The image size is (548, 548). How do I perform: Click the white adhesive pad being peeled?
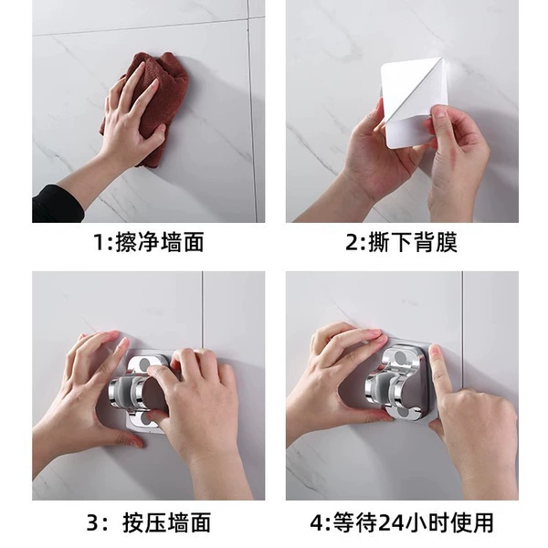(x=413, y=101)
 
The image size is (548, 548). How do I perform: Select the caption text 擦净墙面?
(x=160, y=242)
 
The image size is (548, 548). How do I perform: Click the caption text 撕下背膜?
(x=413, y=242)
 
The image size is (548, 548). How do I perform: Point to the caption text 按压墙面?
(x=167, y=522)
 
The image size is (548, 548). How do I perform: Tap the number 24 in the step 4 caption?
(x=391, y=522)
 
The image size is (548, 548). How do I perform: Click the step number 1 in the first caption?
(x=100, y=242)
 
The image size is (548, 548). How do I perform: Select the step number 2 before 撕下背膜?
(x=353, y=242)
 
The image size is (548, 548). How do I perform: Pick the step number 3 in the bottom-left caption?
(x=92, y=522)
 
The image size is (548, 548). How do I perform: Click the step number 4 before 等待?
(x=317, y=522)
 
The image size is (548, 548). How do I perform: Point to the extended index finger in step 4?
(x=441, y=377)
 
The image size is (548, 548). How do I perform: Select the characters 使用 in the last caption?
(x=471, y=522)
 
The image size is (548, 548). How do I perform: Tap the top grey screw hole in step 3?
(x=144, y=364)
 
